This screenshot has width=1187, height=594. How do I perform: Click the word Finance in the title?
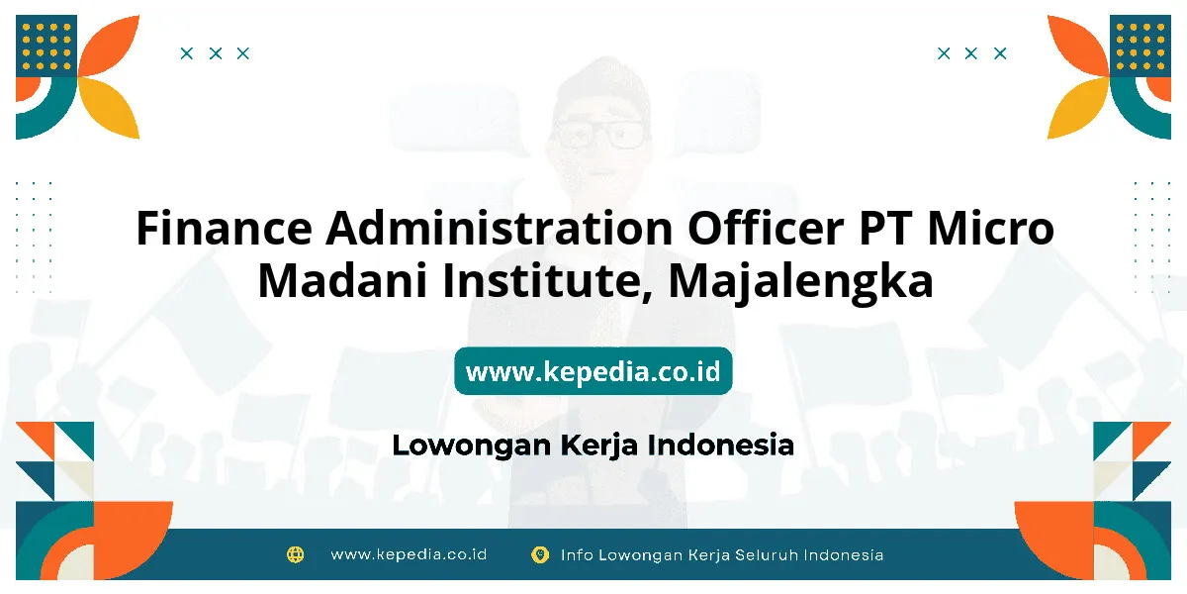click(225, 228)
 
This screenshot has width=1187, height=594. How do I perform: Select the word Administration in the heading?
click(500, 228)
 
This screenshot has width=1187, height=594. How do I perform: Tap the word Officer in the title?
click(766, 227)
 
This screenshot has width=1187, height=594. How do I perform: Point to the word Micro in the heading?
click(991, 228)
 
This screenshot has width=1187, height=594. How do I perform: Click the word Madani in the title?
click(342, 280)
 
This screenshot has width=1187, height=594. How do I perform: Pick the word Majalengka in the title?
click(800, 282)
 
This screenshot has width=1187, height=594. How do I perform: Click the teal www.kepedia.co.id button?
click(593, 370)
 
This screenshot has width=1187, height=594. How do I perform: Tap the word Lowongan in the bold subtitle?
click(472, 445)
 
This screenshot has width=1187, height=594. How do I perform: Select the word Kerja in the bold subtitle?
click(598, 445)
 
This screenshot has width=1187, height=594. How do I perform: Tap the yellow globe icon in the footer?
click(295, 554)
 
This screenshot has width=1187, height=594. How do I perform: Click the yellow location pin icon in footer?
click(540, 554)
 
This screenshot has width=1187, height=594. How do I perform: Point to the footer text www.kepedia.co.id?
click(409, 554)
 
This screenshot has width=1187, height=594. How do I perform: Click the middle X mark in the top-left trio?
click(216, 53)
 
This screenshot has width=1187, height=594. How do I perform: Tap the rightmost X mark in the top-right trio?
click(1000, 53)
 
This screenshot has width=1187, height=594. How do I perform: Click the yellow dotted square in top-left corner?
click(46, 47)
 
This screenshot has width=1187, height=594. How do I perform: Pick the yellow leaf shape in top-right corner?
click(1078, 108)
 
